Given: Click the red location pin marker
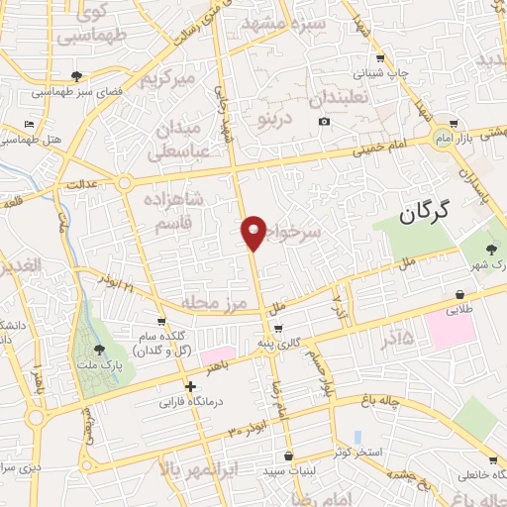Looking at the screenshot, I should pyautogui.click(x=253, y=232).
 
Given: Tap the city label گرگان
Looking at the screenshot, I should pyautogui.click(x=426, y=210).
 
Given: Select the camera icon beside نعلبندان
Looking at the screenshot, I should pyautogui.click(x=324, y=122).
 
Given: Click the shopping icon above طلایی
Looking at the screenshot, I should pyautogui.click(x=460, y=294).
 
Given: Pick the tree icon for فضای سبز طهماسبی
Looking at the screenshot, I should pyautogui.click(x=77, y=76).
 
